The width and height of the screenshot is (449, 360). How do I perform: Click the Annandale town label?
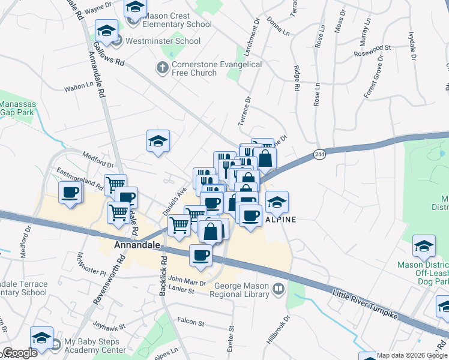[x=137, y=245]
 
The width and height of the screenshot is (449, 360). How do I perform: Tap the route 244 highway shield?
[x=319, y=154]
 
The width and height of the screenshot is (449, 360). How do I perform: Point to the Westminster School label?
[x=162, y=41]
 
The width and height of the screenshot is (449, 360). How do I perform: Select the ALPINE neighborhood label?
[x=280, y=220]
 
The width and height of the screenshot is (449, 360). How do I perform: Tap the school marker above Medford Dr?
[x=158, y=142]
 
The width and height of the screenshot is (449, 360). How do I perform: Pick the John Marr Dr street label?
[x=187, y=280]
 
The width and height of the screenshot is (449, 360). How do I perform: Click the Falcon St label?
[x=191, y=322]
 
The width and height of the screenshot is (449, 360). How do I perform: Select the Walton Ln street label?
[x=79, y=87]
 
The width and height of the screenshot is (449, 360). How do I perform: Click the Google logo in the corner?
[x=20, y=353]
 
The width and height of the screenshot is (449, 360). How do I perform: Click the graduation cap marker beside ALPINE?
[x=277, y=202]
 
